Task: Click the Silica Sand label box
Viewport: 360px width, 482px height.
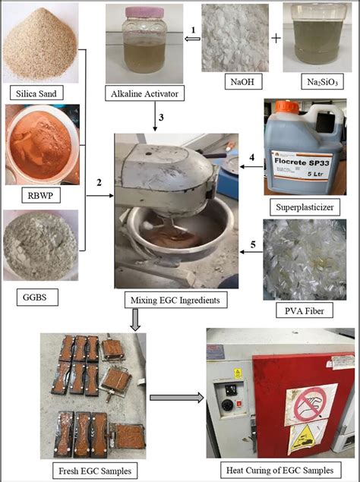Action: pyautogui.click(x=37, y=94)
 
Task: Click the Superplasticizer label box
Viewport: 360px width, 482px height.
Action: pyautogui.click(x=302, y=206)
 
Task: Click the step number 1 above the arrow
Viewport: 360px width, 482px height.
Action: pyautogui.click(x=193, y=30)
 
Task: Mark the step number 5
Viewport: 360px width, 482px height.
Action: pyautogui.click(x=252, y=244)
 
